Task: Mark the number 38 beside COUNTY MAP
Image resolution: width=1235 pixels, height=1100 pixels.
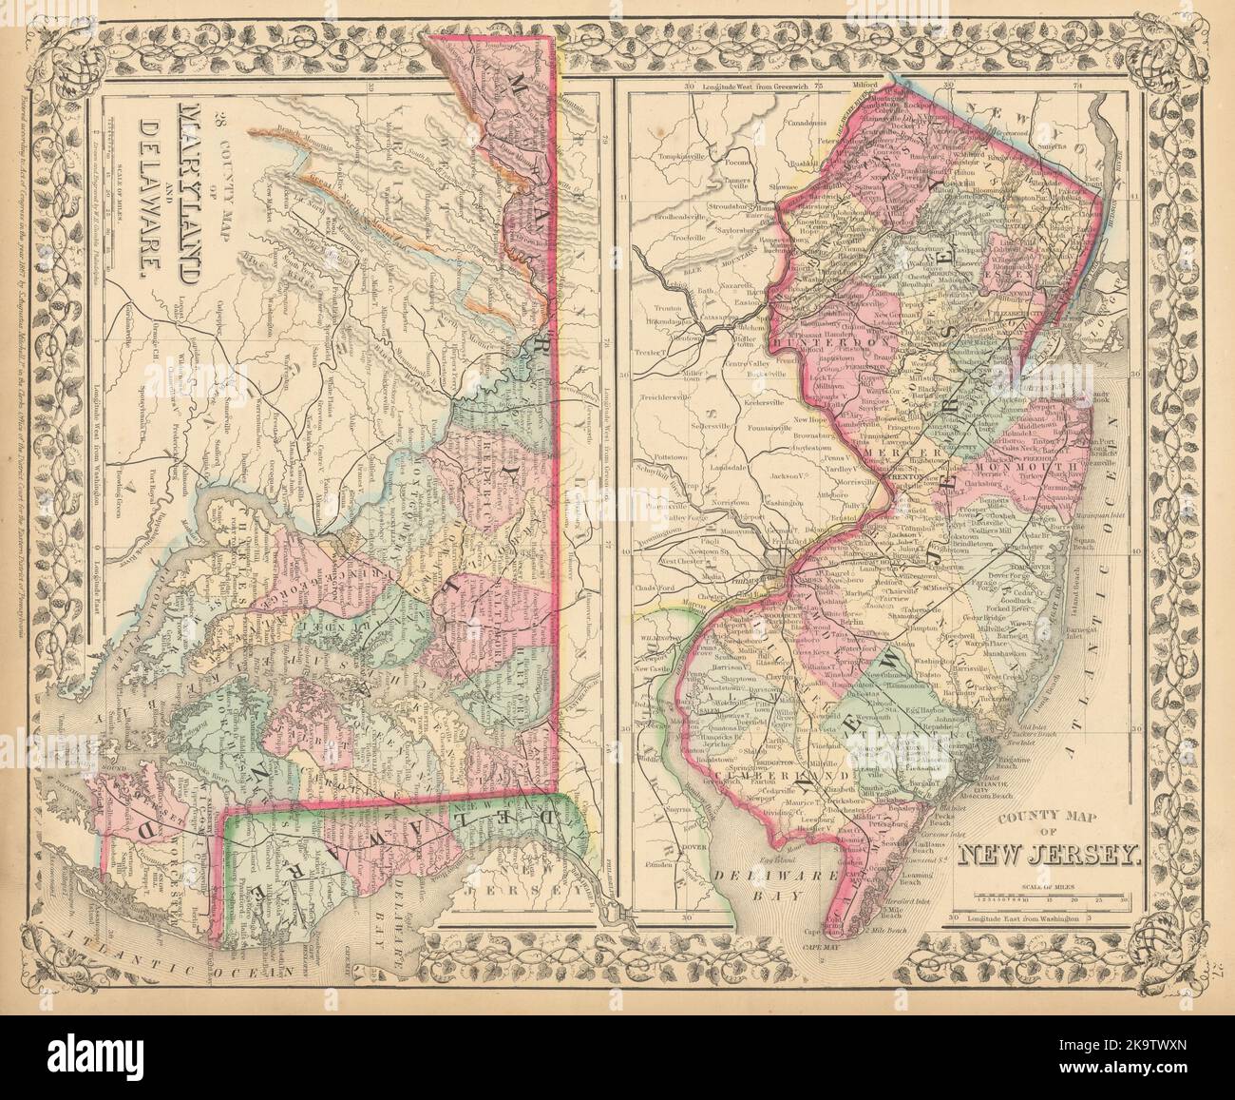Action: tap(220, 121)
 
